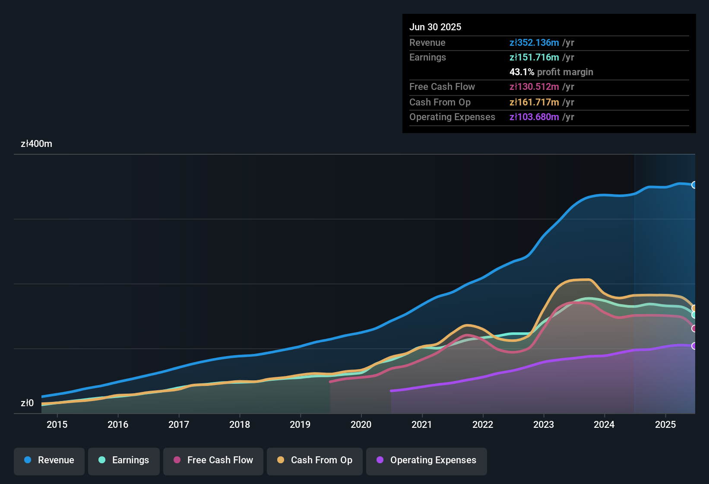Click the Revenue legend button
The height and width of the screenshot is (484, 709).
(x=49, y=460)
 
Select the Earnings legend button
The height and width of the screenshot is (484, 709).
(x=124, y=460)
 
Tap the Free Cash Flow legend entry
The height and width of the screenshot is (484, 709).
(x=213, y=460)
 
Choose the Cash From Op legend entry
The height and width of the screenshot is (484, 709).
(x=315, y=460)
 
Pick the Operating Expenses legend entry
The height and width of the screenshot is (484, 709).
(x=427, y=460)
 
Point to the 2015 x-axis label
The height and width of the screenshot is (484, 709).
(x=57, y=425)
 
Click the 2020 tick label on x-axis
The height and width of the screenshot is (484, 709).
(x=361, y=425)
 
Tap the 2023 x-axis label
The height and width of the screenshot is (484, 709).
(x=544, y=425)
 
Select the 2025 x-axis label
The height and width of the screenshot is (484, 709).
(x=665, y=425)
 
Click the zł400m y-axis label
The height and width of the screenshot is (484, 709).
(x=36, y=144)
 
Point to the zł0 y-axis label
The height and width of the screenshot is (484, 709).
(x=27, y=403)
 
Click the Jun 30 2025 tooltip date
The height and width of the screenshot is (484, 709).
(x=435, y=27)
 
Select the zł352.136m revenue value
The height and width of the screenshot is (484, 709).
(x=534, y=43)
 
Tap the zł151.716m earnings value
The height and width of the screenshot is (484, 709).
(x=534, y=57)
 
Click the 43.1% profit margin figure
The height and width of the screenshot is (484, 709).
(x=522, y=72)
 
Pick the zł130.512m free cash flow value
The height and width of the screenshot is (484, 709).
(x=534, y=87)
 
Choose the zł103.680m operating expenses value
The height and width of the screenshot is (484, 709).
(x=534, y=117)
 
